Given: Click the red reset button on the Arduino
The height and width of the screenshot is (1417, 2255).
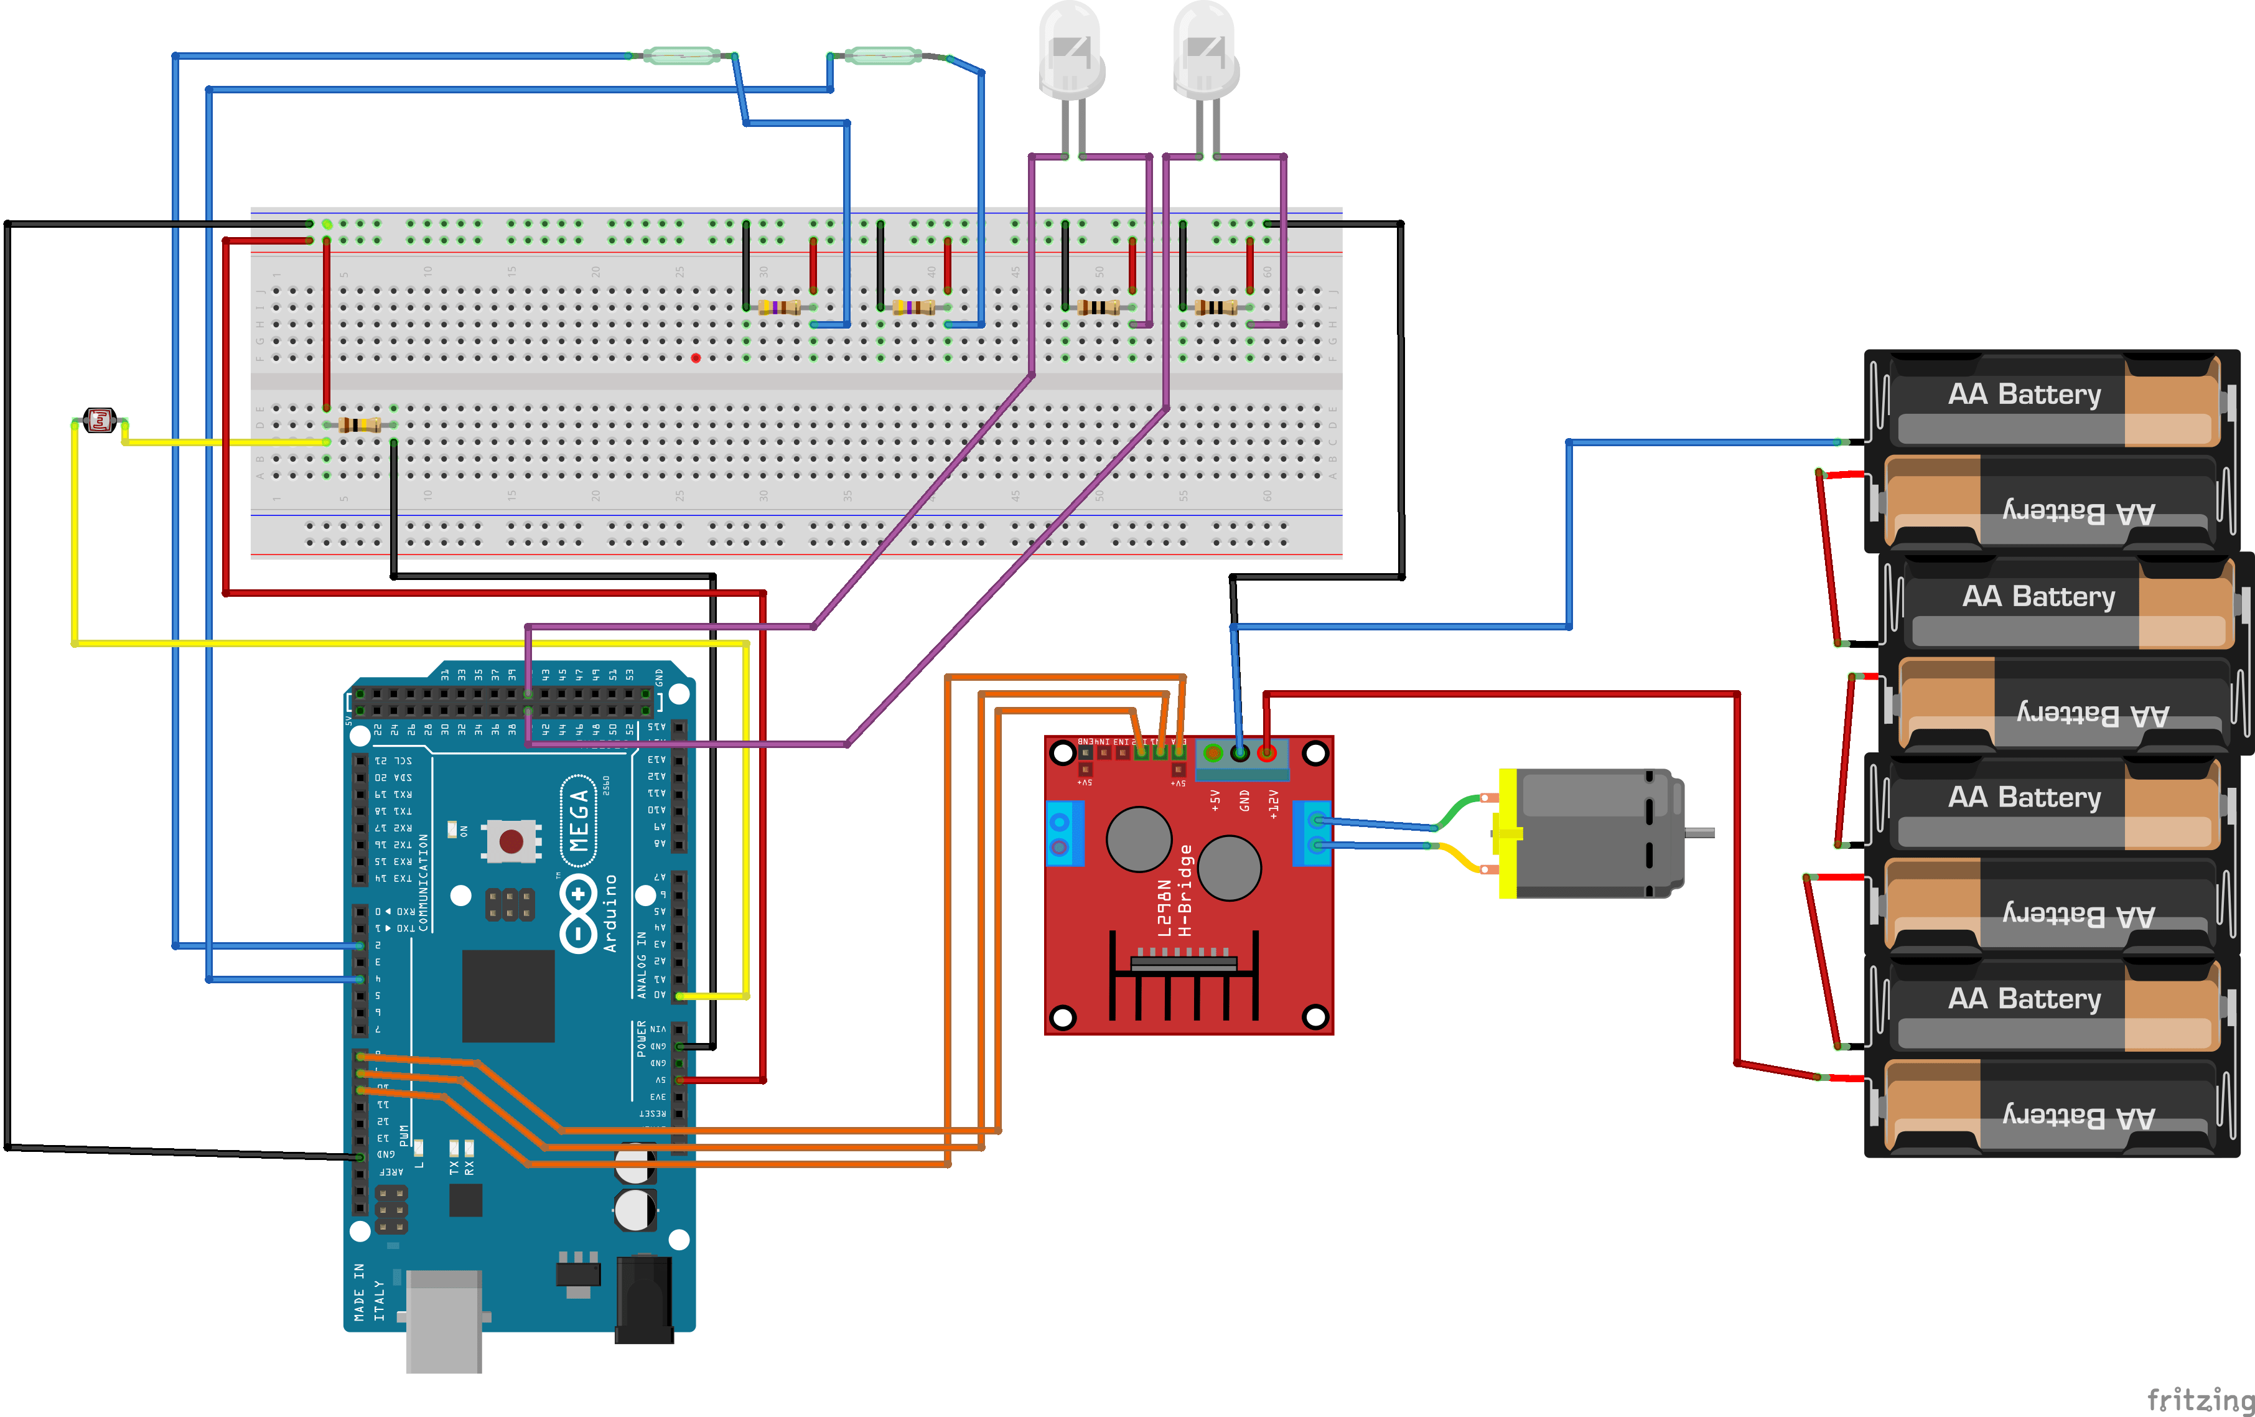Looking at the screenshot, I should click(x=510, y=840).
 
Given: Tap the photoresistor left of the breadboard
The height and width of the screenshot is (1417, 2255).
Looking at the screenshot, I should click(x=100, y=421).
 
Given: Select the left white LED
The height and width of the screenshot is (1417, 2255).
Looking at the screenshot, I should click(x=1071, y=52).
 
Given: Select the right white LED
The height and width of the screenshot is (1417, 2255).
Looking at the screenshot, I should click(x=1205, y=52).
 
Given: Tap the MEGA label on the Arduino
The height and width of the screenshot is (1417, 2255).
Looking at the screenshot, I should click(x=579, y=820).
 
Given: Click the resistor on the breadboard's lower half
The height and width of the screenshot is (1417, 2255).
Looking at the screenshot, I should click(x=360, y=425).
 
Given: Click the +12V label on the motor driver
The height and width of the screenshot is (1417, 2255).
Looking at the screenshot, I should click(x=1272, y=803).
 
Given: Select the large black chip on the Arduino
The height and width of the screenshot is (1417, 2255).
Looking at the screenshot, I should click(x=508, y=996).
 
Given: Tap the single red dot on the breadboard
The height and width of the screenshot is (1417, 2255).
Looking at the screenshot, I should click(x=695, y=358).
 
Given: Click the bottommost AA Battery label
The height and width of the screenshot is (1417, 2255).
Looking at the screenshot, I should click(x=2078, y=1116).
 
